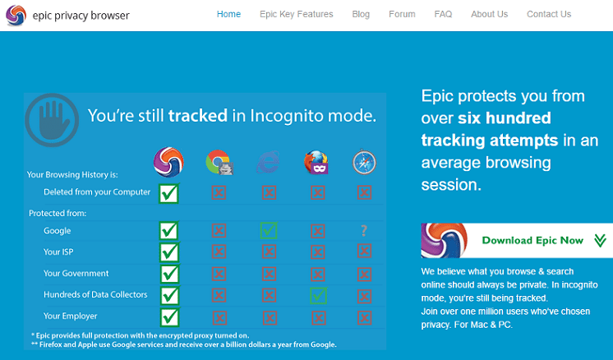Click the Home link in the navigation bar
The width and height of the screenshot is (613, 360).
228,15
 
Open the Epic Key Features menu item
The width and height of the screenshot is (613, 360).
297,15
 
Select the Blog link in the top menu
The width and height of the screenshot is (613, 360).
361,15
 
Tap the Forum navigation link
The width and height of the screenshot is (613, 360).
402,15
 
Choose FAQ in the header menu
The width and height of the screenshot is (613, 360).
443,15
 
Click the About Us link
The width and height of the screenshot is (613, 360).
489,15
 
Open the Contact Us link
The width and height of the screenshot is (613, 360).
549,15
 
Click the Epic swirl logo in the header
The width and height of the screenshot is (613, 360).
16,16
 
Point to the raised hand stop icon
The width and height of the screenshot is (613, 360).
52,120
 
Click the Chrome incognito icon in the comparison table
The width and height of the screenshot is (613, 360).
219,162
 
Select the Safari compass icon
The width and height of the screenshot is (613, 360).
364,162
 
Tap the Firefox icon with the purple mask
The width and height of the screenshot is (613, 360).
316,162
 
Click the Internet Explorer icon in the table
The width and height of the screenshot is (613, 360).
268,162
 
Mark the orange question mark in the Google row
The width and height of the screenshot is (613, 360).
364,231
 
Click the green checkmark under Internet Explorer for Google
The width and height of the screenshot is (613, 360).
269,230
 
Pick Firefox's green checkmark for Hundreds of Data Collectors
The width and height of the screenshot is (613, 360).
318,296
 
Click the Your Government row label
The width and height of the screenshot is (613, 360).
76,273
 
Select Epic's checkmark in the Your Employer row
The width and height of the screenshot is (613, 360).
169,317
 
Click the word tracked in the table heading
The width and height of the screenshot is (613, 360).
198,116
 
